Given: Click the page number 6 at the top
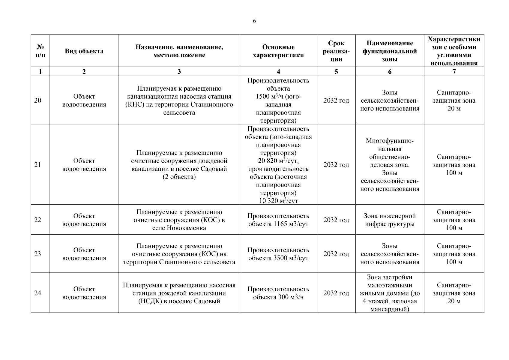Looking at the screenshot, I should tap(254, 21).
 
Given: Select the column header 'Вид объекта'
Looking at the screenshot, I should tap(84, 51).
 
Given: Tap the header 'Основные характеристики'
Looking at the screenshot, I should tap(278, 51).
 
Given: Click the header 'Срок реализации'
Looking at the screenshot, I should tap(336, 51).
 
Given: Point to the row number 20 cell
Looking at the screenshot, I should tap(37, 100).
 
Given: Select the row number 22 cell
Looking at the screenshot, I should tap(37, 220).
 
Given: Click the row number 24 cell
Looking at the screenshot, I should tap(37, 293).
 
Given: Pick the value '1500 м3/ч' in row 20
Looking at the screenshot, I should tap(270, 97).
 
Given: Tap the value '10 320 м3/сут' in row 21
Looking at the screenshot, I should tap(278, 201).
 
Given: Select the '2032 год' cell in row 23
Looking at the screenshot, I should tap(336, 254).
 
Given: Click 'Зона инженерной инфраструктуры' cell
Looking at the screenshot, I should tap(390, 220).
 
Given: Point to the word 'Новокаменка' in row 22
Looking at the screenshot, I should tap(188, 228).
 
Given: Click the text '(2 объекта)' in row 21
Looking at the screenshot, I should tap(179, 177).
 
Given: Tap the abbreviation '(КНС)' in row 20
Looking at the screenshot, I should tap(134, 105).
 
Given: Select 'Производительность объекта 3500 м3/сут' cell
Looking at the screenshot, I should tap(278, 254).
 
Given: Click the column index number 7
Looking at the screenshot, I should tap(454, 71).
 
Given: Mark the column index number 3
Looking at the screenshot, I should tap(179, 71).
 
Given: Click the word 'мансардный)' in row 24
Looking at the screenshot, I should tap(390, 309).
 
